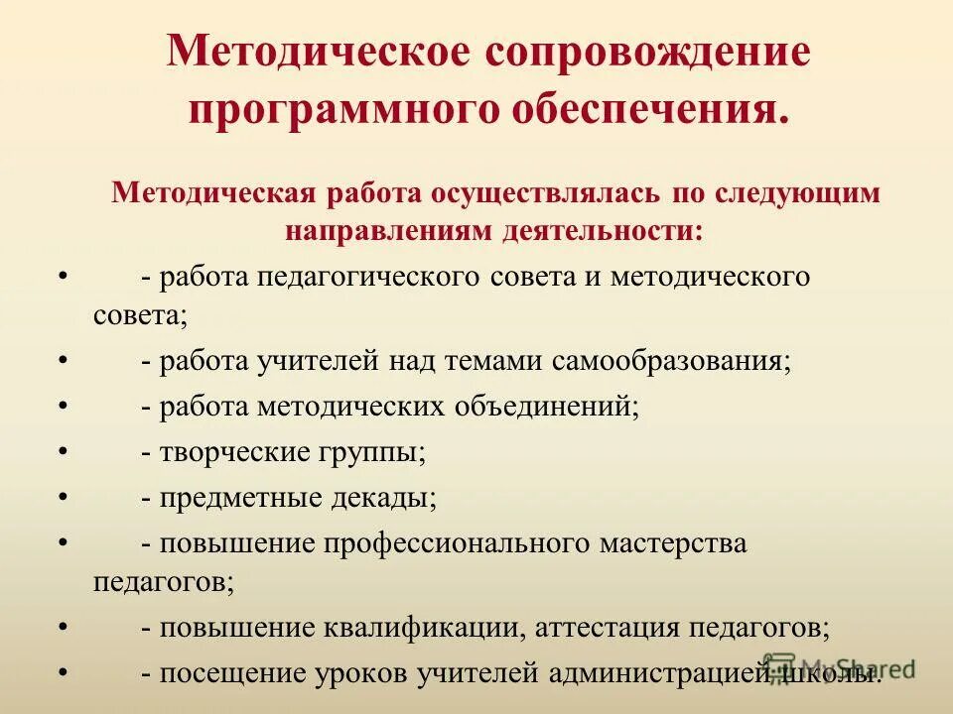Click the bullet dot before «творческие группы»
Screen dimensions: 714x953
tap(64, 451)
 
